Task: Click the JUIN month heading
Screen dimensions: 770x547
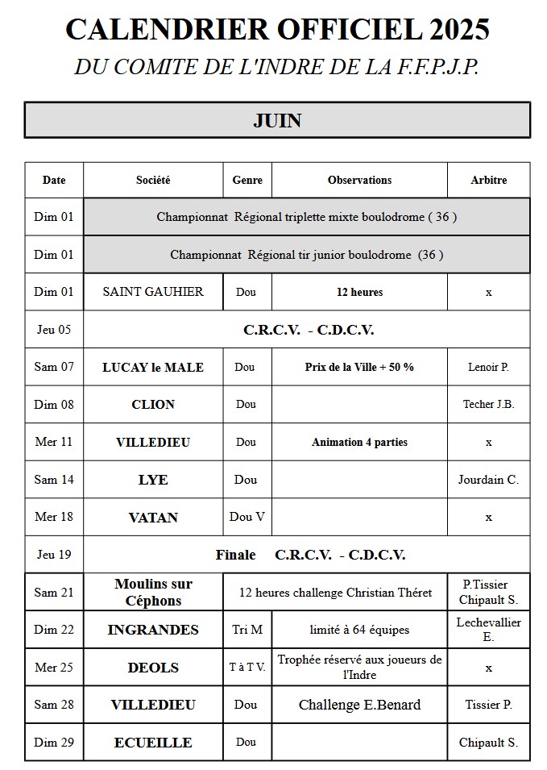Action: coord(277,121)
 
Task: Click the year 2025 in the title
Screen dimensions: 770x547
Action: coord(459,30)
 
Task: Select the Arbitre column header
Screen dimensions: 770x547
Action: coord(488,180)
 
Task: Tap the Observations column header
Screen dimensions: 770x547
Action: coord(359,180)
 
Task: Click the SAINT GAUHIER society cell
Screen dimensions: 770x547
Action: coord(153,292)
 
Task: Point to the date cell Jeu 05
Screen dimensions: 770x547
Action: coord(54,329)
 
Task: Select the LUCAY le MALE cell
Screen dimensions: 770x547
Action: coord(153,367)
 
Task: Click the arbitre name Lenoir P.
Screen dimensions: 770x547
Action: coord(488,367)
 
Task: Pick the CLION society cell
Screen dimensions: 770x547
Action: coord(153,404)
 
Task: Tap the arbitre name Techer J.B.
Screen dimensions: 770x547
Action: coord(488,404)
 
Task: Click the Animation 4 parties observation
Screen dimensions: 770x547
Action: coord(359,442)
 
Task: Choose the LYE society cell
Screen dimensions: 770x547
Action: coord(153,480)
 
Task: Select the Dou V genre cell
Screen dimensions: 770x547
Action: coord(247,517)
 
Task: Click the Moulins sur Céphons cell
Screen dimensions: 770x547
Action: coord(153,592)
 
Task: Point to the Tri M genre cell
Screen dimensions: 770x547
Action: coord(247,630)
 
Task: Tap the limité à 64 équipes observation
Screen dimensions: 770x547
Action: coord(359,630)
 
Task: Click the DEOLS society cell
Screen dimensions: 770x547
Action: coord(153,668)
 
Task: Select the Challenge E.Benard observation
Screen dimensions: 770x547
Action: coord(359,705)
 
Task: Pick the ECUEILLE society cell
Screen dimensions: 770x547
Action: coord(153,743)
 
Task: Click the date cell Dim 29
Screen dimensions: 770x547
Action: coord(54,743)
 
